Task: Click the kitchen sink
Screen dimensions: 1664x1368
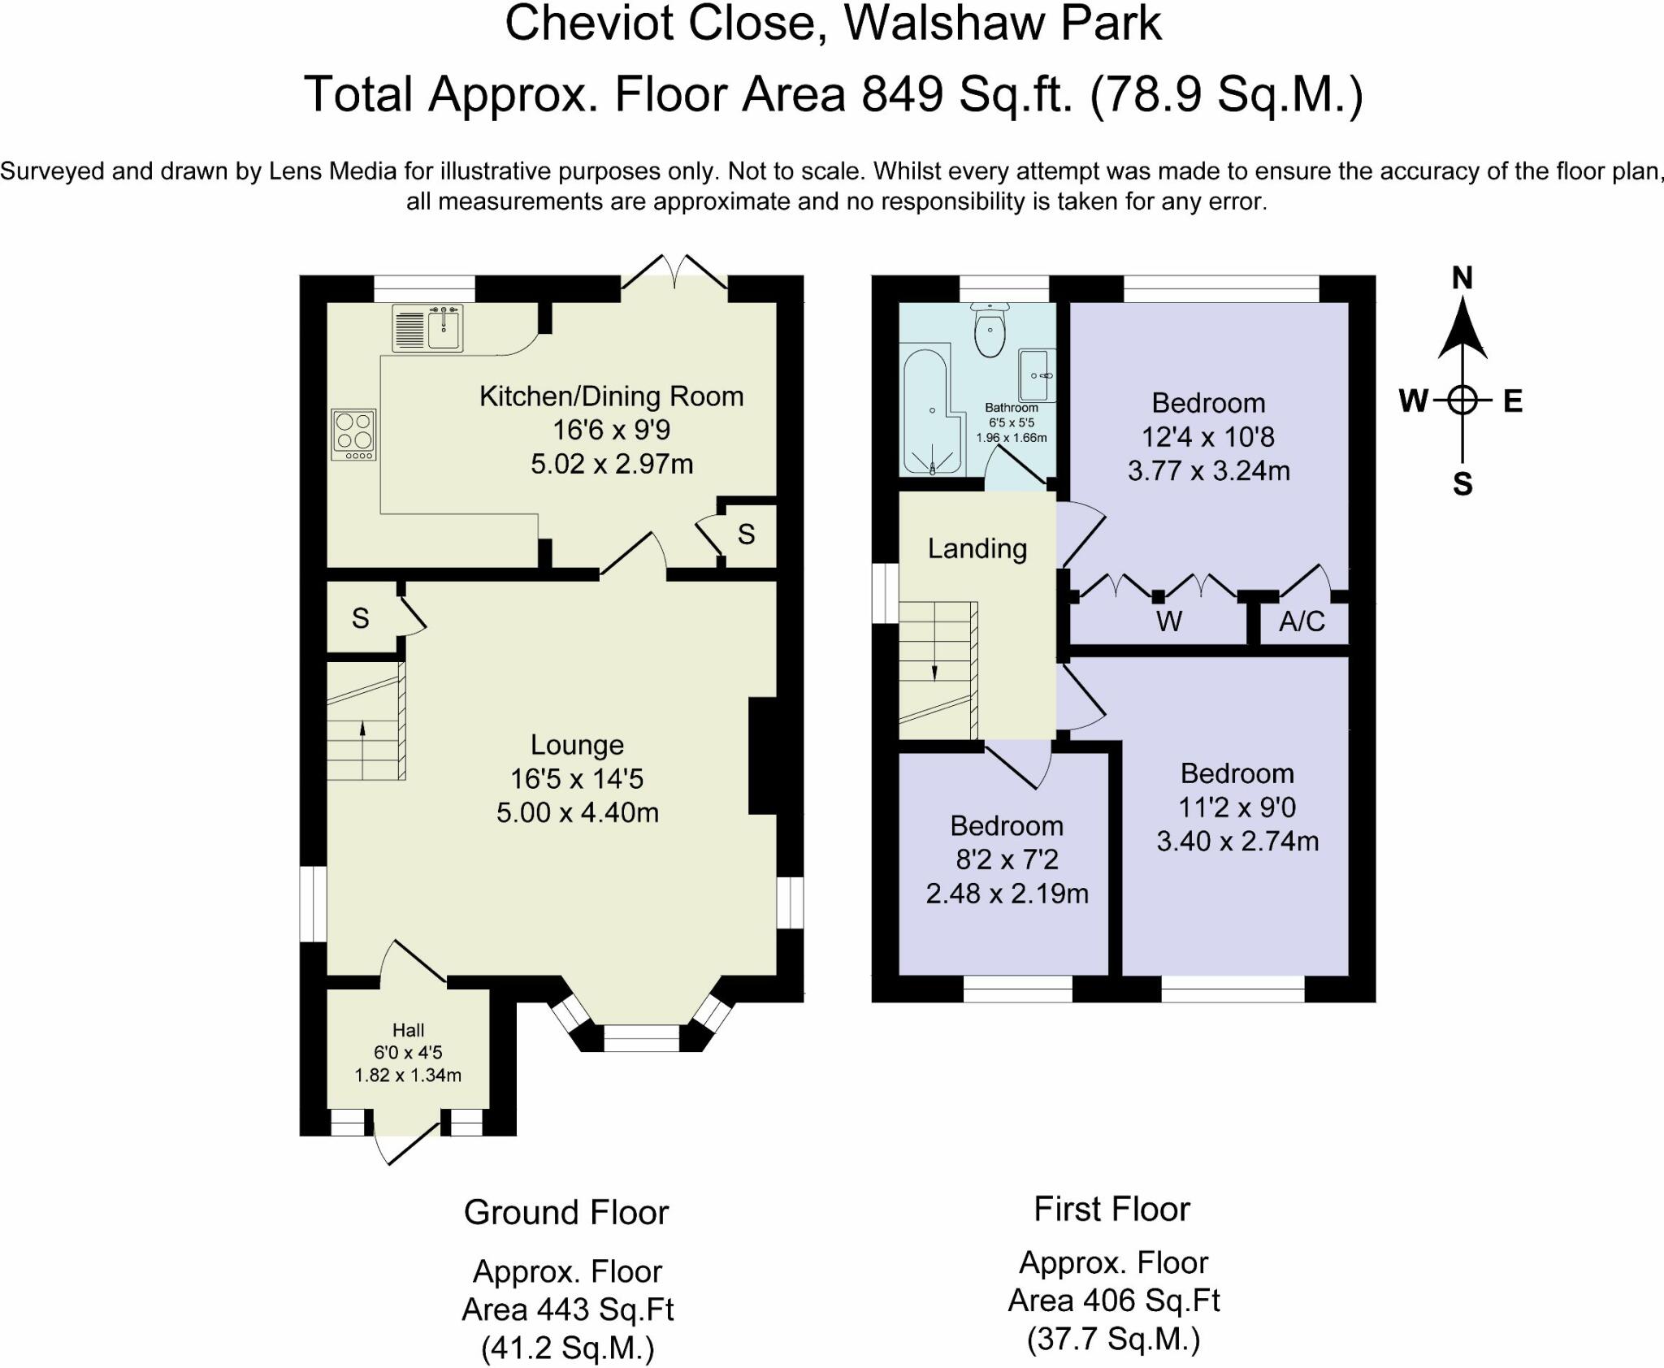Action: pyautogui.click(x=427, y=328)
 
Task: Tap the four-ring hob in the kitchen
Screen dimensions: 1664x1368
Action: pyautogui.click(x=354, y=435)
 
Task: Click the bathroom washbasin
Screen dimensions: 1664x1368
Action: pyautogui.click(x=1037, y=375)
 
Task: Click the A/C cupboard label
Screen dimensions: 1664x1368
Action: pyautogui.click(x=1302, y=621)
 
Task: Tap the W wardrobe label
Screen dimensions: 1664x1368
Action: pyautogui.click(x=1168, y=621)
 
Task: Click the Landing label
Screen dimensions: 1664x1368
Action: pyautogui.click(x=977, y=549)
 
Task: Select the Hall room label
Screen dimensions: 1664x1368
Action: pyautogui.click(x=408, y=1030)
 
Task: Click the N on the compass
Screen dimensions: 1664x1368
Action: pyautogui.click(x=1462, y=279)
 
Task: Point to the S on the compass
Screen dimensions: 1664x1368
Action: pyautogui.click(x=1462, y=485)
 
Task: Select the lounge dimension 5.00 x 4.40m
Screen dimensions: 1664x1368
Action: pyautogui.click(x=578, y=812)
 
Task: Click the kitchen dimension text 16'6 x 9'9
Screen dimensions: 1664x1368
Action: pyautogui.click(x=611, y=430)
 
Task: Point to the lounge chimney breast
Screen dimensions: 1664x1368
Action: pyautogui.click(x=763, y=755)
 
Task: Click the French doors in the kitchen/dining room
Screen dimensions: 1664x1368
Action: pyautogui.click(x=674, y=273)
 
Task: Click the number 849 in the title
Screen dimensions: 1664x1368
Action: pyautogui.click(x=903, y=94)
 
